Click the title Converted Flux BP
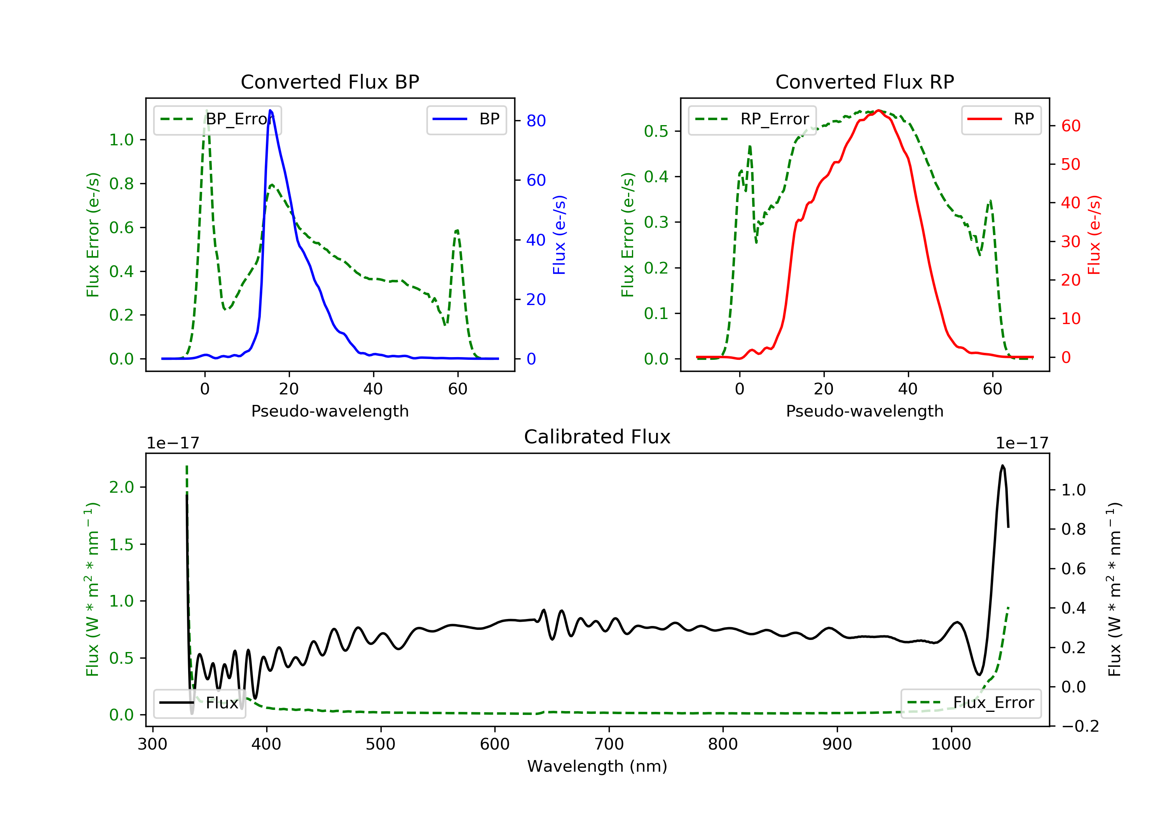330,82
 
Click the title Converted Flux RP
864,82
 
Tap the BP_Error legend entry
217,119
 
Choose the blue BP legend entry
466,119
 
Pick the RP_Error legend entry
752,119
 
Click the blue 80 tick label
536,121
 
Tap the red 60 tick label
1070,126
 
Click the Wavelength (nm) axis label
597,766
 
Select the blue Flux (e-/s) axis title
559,235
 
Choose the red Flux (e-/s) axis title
1094,235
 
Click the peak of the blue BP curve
270,110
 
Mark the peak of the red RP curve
878,110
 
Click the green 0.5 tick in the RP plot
656,131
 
